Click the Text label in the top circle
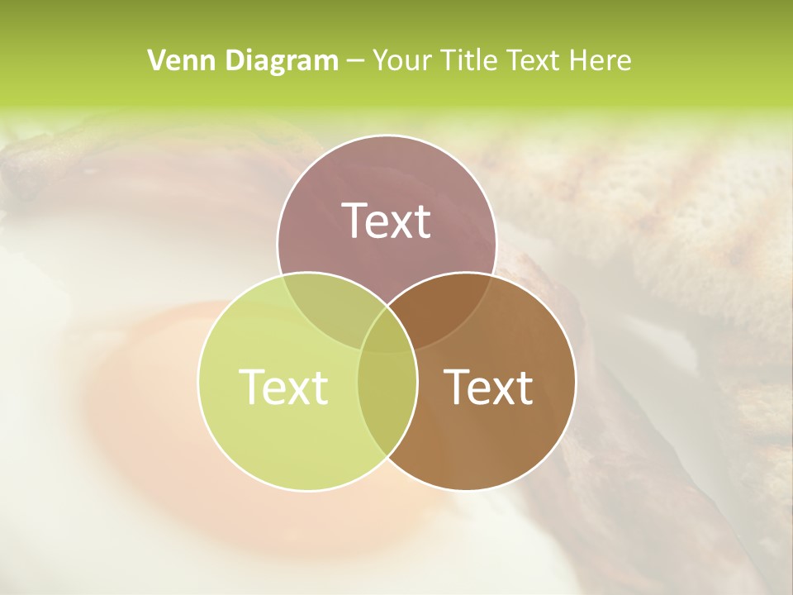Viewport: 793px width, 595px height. click(x=387, y=221)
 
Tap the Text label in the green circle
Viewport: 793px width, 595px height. click(x=283, y=386)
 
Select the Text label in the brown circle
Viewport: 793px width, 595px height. click(x=489, y=386)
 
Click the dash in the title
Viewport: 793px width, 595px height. click(x=355, y=61)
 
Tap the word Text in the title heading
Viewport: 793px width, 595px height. click(x=533, y=60)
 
